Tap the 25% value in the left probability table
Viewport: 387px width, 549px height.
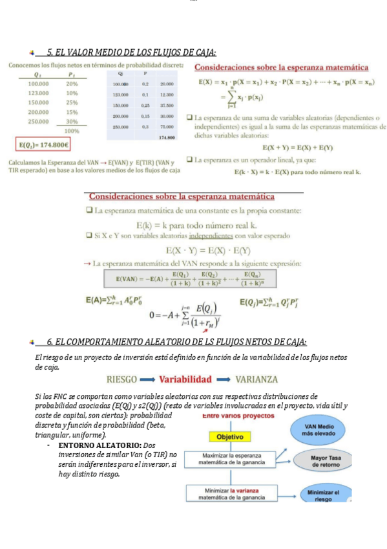(72, 102)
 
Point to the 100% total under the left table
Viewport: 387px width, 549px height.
(72, 130)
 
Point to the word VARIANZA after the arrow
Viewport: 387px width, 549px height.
(256, 379)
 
